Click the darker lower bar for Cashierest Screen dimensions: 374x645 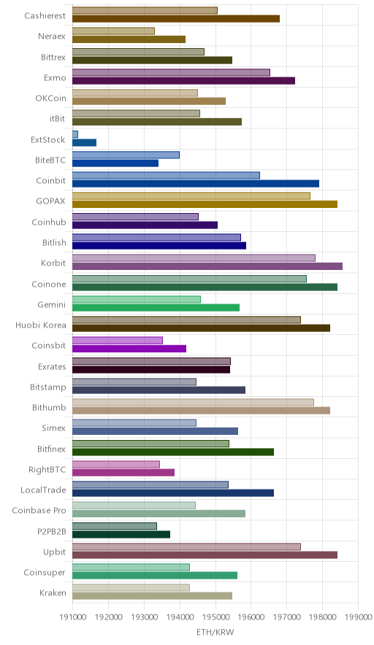tap(176, 18)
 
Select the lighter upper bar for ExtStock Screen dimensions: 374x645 tap(75, 134)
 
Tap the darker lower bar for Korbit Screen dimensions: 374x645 tap(207, 266)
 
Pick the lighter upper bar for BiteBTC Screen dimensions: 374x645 tap(126, 155)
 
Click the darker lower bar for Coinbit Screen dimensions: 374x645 tap(196, 183)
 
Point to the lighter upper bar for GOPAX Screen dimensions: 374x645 tap(191, 196)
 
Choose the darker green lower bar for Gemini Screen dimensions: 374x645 tap(156, 307)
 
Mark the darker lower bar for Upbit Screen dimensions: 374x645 tap(205, 555)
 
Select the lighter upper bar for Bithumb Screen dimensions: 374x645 tap(193, 402)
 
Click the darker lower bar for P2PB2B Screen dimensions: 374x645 tap(121, 534)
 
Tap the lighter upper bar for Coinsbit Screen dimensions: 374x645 tap(118, 340)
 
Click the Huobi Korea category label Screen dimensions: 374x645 tap(40, 325)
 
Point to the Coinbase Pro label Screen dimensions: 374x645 tap(39, 511)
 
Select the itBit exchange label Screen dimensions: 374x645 tap(57, 118)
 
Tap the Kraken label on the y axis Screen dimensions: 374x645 tap(53, 592)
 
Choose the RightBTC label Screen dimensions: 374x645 tap(47, 469)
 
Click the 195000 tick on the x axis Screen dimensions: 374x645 tap(215, 617)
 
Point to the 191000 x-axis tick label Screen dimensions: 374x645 tap(72, 617)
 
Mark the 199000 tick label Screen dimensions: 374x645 tap(358, 617)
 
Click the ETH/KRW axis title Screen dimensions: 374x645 tap(215, 633)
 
